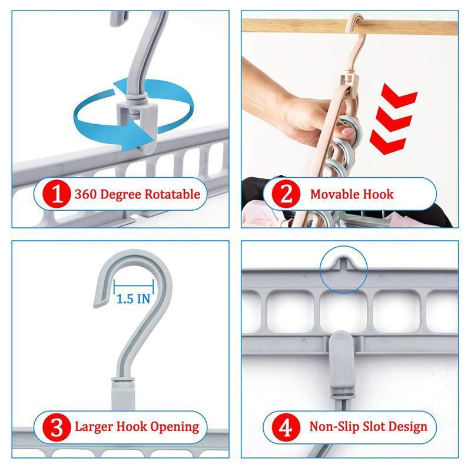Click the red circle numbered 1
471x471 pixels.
(57, 194)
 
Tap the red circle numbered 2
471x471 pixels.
(286, 194)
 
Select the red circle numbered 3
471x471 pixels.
(57, 427)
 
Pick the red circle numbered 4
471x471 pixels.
(286, 427)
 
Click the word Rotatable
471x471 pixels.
(173, 194)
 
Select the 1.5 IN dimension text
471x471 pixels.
(133, 298)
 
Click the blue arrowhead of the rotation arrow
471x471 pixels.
(141, 134)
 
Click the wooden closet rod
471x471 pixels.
(350, 26)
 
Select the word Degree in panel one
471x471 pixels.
(121, 195)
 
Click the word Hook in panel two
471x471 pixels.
(378, 194)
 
